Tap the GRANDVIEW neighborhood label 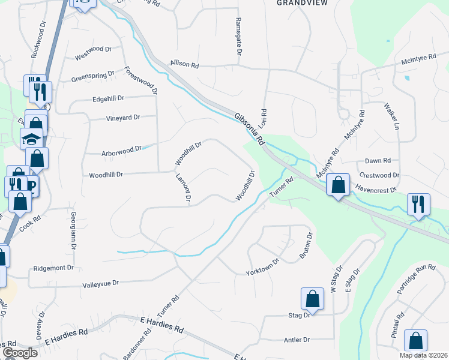pos(297,3)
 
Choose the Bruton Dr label pos(306,247)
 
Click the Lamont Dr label pos(182,187)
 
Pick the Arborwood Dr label pos(121,148)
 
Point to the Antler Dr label pos(297,340)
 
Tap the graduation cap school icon pos(32,139)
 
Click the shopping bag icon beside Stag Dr pos(312,298)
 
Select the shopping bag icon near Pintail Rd pos(415,340)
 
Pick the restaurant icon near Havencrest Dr pos(418,204)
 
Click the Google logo pos(19,353)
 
